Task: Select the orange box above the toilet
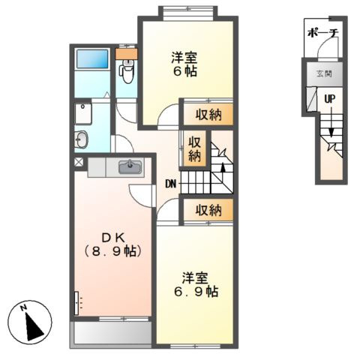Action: pos(127,54)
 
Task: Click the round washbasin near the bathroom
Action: pos(82,139)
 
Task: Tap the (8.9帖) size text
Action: pos(113,250)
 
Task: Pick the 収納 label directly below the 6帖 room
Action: pos(209,115)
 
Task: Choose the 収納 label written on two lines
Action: pos(194,148)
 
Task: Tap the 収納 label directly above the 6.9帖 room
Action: pos(209,210)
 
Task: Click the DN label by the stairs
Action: pos(171,182)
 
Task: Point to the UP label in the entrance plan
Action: pos(329,98)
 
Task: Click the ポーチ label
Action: pos(323,34)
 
